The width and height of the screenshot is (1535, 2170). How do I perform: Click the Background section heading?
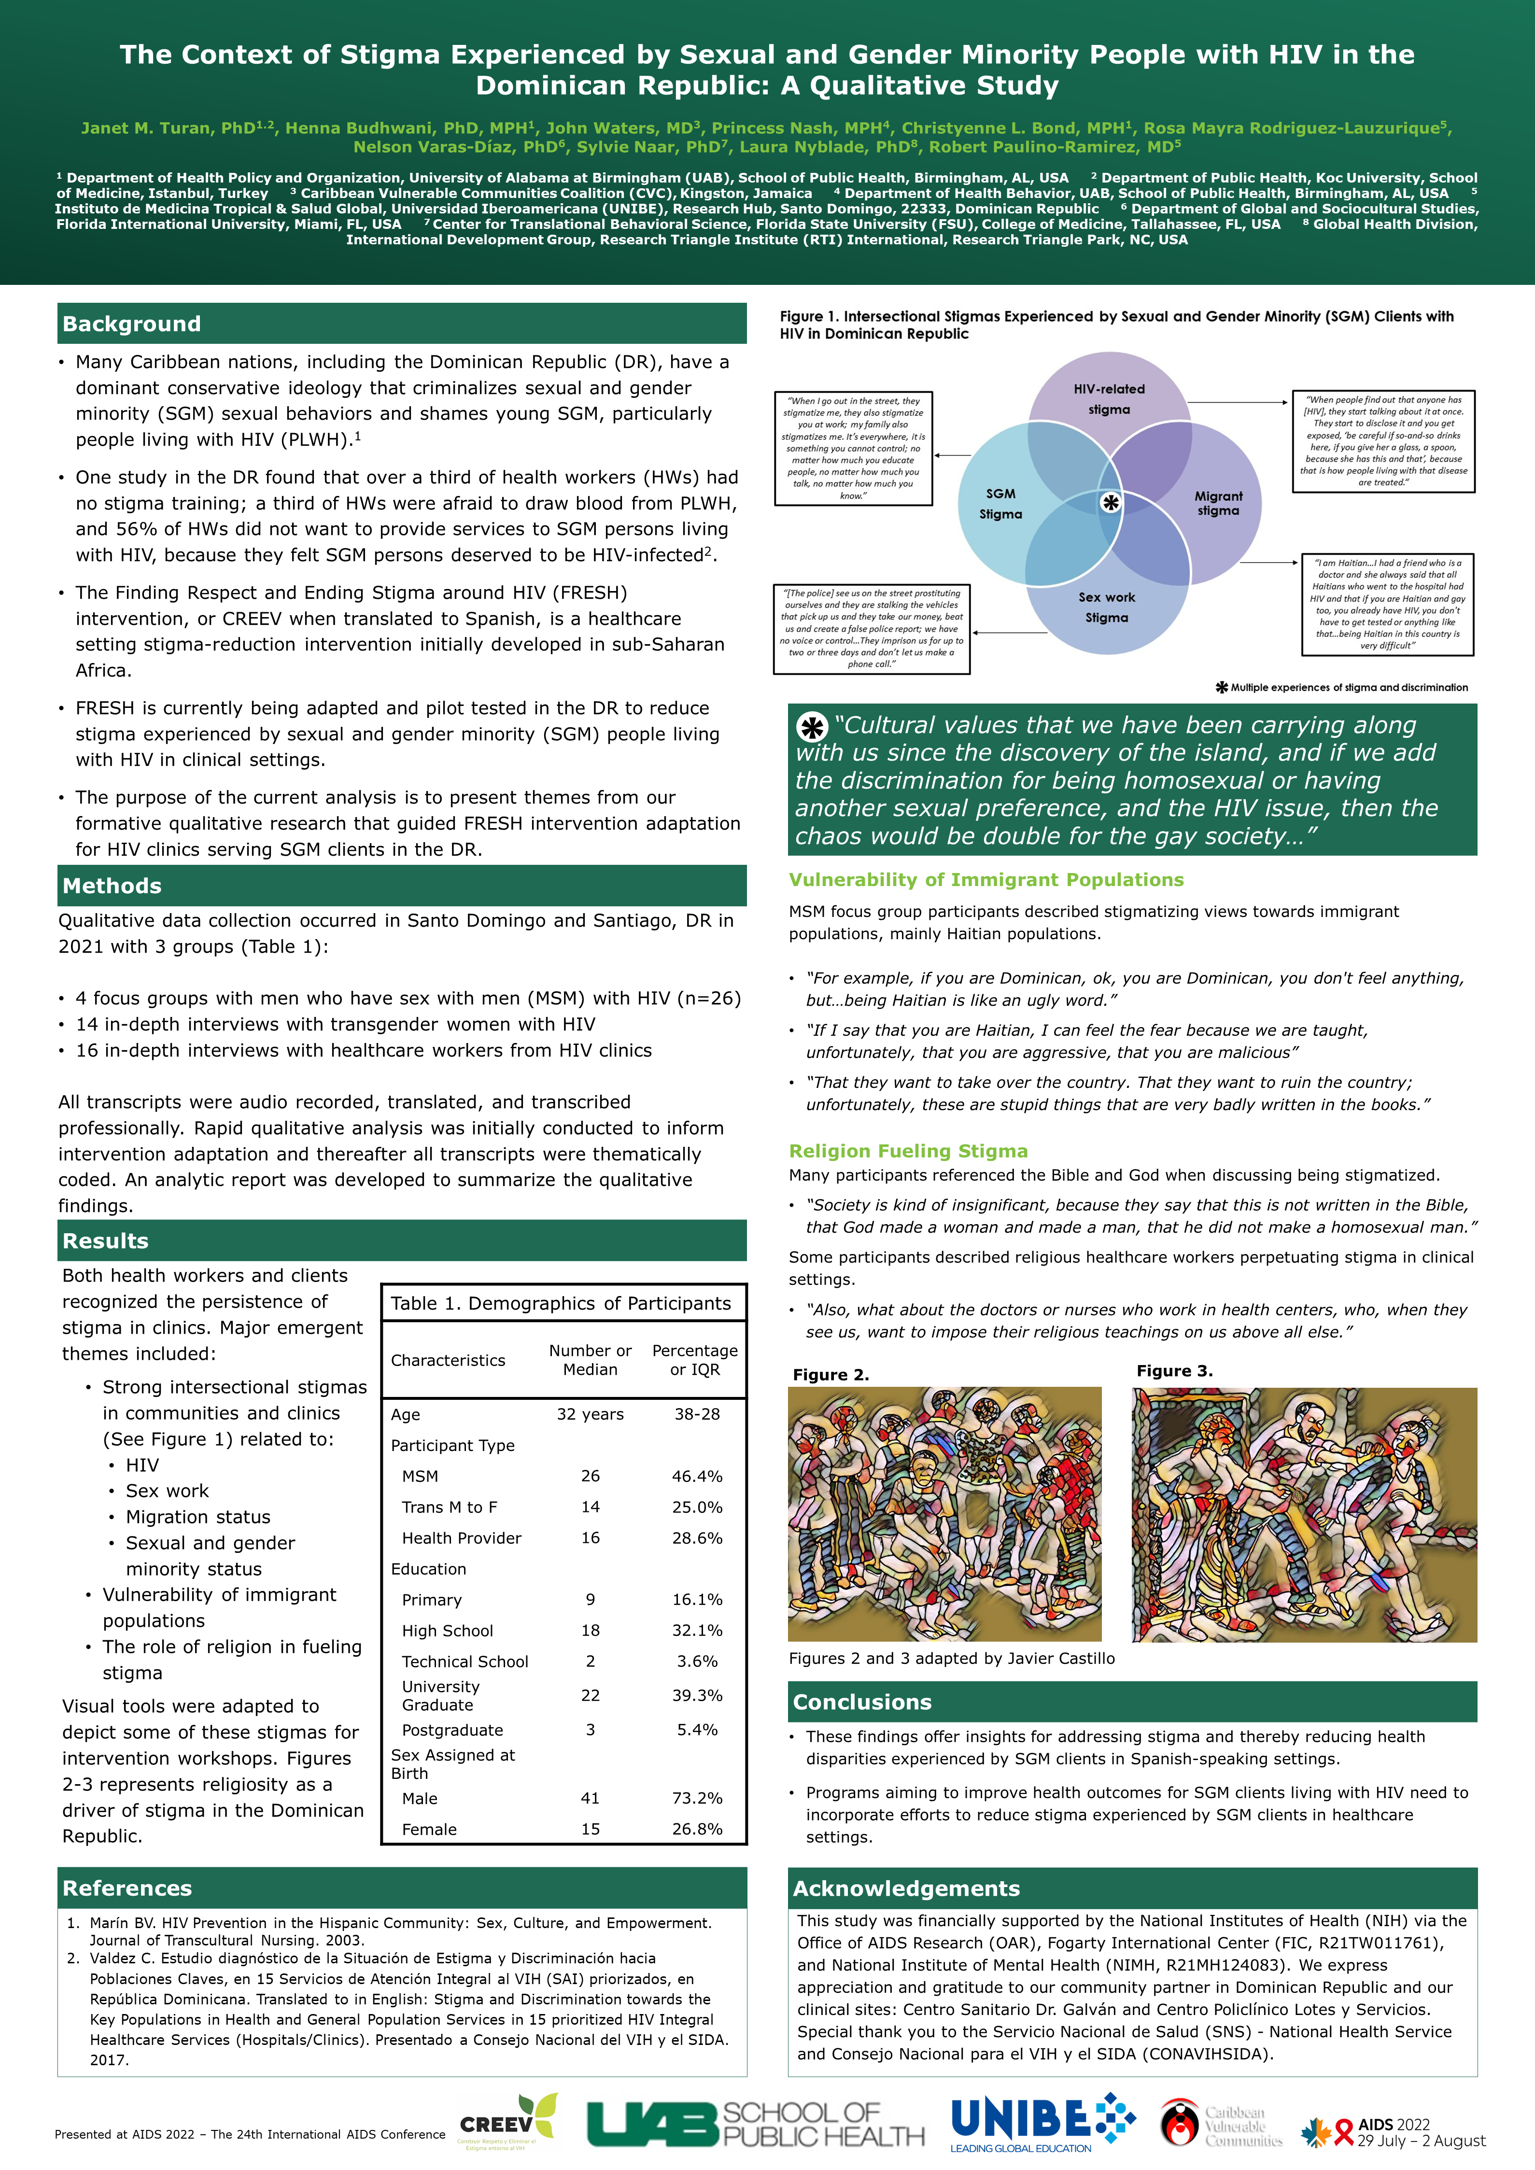132,324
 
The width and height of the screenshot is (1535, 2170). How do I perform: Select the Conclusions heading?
862,1702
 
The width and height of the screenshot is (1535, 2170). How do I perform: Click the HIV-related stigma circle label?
1109,399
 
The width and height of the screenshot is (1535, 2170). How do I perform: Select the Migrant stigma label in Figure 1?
1218,503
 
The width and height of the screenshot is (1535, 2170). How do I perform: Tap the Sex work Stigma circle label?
1107,607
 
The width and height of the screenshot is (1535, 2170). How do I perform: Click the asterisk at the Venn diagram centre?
1111,503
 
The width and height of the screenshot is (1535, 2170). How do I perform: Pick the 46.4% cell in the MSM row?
697,1476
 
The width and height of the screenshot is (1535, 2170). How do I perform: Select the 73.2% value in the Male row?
697,1799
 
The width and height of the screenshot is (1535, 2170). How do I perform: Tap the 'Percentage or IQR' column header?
695,1360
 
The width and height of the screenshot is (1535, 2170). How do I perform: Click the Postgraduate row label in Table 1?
453,1731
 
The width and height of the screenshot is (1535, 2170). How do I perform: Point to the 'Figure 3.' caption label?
1174,1371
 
